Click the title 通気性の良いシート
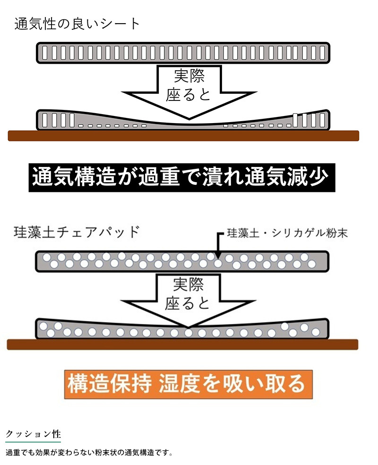click(77, 24)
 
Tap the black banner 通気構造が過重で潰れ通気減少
click(181, 177)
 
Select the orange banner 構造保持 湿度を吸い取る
click(189, 384)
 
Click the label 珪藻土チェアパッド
click(77, 232)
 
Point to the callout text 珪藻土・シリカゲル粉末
click(287, 233)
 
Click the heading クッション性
click(33, 434)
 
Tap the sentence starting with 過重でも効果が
click(89, 453)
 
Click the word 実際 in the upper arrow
click(189, 76)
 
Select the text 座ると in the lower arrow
click(188, 303)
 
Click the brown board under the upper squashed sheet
click(183, 136)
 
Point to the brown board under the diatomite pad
click(182, 345)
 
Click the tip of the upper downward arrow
click(189, 119)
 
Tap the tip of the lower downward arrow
click(188, 328)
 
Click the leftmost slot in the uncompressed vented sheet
click(45, 53)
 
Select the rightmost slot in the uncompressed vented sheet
click(322, 53)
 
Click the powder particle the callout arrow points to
click(218, 263)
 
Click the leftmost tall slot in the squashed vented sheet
click(45, 120)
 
